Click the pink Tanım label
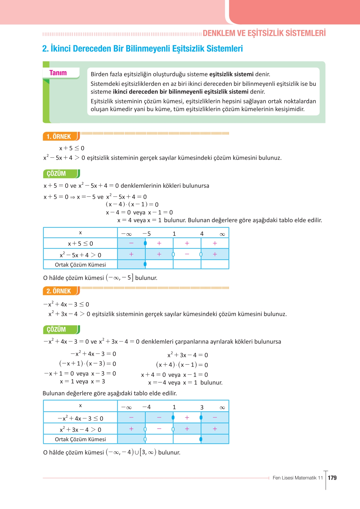58,73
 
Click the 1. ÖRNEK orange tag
59,137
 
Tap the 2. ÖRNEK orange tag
59,291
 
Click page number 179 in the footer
332,478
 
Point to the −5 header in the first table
147,234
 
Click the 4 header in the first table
202,234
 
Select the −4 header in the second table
147,407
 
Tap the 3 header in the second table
202,407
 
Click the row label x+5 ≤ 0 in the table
80,244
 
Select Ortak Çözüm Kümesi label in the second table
80,439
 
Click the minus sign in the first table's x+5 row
131,243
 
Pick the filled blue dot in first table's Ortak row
145,264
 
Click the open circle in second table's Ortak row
145,439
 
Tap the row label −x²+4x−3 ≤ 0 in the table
80,418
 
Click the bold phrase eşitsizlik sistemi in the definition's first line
231,74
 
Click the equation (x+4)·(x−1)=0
182,365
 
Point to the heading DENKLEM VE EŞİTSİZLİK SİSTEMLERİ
264,33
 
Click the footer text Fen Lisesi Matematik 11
297,478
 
